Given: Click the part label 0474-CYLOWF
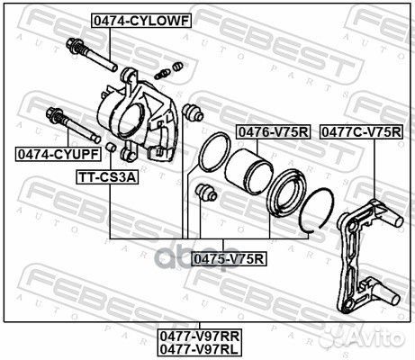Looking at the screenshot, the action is click(x=141, y=21).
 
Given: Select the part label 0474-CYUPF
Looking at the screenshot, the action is click(x=59, y=154).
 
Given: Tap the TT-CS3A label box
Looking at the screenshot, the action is click(x=107, y=177).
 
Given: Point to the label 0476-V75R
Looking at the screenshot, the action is click(x=273, y=131).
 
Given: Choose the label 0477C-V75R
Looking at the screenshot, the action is click(x=361, y=131).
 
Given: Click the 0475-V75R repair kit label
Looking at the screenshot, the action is click(x=229, y=259).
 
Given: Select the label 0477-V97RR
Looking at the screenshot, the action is click(x=199, y=337).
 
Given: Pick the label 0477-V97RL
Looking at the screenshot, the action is click(x=199, y=349).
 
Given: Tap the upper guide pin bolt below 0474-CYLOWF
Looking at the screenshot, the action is click(x=91, y=55).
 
